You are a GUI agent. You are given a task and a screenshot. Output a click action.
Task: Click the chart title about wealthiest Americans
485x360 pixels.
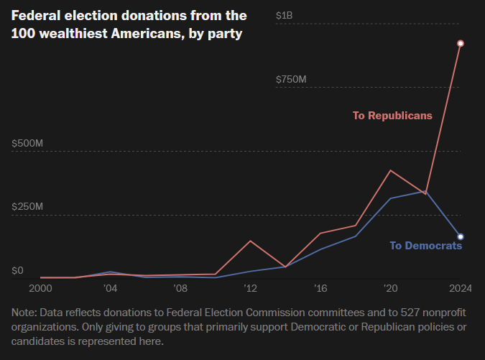point(129,24)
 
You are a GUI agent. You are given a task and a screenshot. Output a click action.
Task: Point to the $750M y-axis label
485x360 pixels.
point(292,79)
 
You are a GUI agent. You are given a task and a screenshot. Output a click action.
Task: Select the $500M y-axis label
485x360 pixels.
point(28,143)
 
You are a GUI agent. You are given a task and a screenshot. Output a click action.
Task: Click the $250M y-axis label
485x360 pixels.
point(28,207)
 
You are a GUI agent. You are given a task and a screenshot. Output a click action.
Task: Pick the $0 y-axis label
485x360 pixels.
point(17,270)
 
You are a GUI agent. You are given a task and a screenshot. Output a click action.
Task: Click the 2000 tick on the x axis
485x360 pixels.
point(40,288)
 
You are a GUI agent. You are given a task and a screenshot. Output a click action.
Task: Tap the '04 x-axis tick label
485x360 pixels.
point(110,288)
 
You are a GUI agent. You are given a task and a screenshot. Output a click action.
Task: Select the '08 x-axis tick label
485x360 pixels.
point(180,288)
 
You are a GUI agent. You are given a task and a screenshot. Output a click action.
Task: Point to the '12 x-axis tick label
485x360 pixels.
point(250,288)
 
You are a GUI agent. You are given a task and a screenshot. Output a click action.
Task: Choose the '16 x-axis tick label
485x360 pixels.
point(320,288)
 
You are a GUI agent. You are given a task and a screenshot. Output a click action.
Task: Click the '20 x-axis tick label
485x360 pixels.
point(390,288)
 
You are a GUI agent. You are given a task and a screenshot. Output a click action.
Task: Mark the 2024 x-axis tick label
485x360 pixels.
point(460,288)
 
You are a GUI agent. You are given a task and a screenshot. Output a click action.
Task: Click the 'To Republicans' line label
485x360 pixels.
point(392,115)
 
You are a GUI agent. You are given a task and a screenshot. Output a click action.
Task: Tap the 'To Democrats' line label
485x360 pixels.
point(425,246)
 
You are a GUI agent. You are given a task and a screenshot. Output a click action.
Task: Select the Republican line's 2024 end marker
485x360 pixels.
point(461,44)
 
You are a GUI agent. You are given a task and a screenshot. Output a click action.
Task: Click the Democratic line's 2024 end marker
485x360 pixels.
point(461,236)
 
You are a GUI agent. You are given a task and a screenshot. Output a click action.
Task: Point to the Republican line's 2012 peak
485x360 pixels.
point(250,241)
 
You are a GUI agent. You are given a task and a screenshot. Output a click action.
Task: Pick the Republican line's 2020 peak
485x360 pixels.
point(390,170)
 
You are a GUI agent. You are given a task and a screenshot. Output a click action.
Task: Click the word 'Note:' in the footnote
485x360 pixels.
point(25,313)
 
